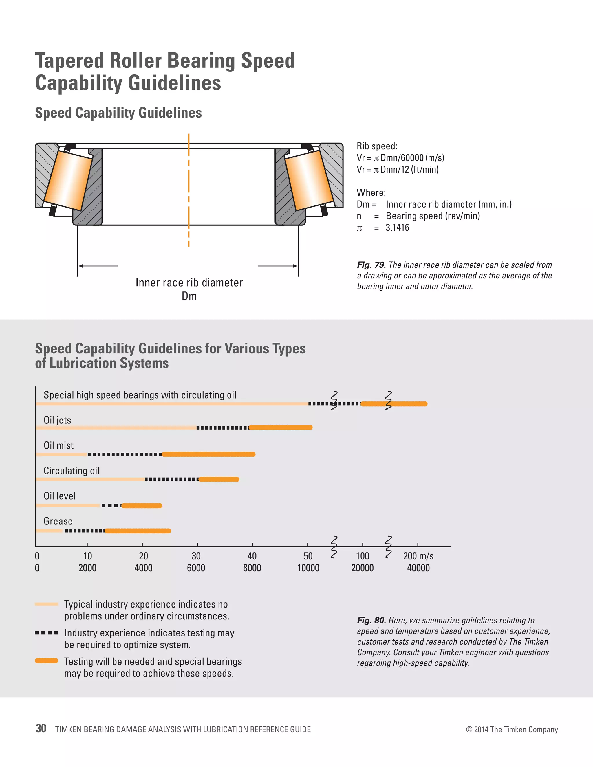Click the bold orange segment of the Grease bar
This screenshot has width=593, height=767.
(138, 531)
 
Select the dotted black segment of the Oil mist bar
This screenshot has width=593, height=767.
(125, 454)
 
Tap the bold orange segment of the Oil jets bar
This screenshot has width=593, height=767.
(280, 427)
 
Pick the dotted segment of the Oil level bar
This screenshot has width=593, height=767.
(111, 506)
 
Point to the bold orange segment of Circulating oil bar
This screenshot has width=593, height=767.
(219, 479)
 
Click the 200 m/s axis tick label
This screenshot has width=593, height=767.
(418, 556)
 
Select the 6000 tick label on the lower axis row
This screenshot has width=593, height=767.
(196, 568)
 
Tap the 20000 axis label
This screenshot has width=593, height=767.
(363, 568)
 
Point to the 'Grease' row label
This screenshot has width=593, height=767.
(58, 521)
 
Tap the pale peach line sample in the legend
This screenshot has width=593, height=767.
(46, 604)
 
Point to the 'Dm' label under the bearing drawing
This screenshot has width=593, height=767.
(189, 296)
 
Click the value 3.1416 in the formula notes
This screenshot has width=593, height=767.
(397, 227)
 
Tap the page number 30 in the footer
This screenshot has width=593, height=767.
(41, 729)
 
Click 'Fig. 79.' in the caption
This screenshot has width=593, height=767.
(371, 265)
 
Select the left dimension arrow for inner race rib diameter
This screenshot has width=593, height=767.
(98, 266)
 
